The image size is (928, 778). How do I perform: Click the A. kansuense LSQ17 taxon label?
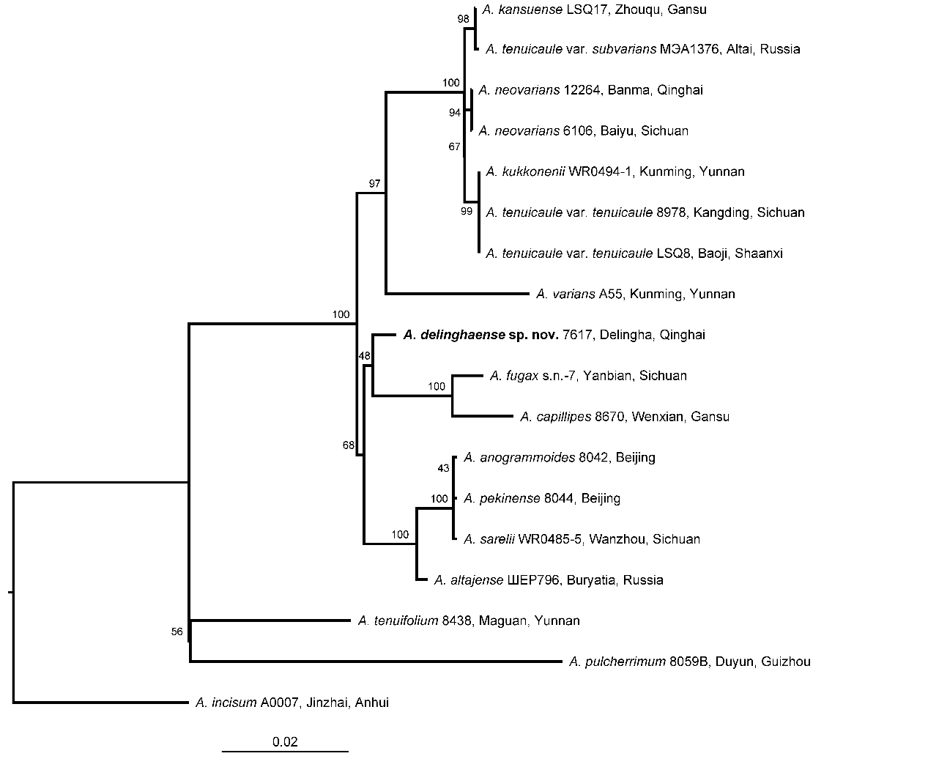(x=594, y=10)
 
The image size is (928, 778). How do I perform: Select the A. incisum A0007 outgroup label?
(x=292, y=703)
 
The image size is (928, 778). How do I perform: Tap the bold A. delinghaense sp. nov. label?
(x=554, y=336)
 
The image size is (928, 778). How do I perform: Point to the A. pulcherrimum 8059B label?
(x=689, y=662)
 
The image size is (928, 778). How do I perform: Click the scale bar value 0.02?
(x=285, y=742)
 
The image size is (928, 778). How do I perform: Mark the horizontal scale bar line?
(x=285, y=752)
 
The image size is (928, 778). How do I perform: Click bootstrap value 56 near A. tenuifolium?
(x=177, y=632)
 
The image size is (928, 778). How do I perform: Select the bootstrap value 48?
(x=364, y=356)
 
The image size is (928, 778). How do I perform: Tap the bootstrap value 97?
(x=375, y=183)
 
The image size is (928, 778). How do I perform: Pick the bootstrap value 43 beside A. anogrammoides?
(x=442, y=468)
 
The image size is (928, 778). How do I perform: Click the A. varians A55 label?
(x=635, y=294)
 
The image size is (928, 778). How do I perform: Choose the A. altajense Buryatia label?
(x=548, y=581)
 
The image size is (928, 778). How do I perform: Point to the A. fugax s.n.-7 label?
(x=587, y=377)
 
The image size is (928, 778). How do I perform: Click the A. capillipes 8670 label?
(x=624, y=418)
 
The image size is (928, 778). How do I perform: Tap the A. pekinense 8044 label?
(x=541, y=499)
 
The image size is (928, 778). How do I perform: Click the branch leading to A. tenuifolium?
(x=270, y=621)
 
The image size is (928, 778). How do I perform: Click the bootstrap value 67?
(x=454, y=147)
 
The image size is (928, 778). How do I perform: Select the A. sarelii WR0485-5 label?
(x=582, y=540)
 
